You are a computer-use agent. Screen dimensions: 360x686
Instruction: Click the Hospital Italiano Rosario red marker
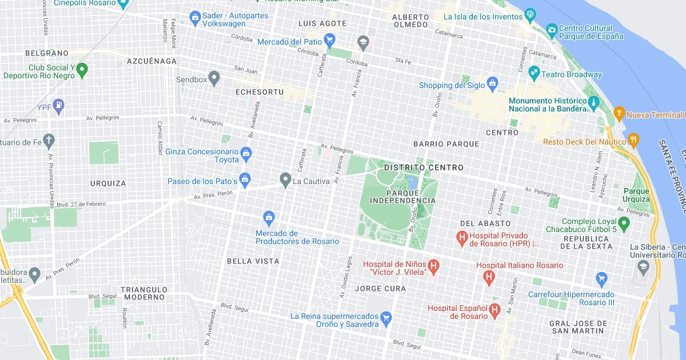[x=489, y=277]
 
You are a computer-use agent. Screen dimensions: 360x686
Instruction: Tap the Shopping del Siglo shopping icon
[x=492, y=84]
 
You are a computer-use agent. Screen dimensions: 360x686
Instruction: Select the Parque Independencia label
[x=402, y=197]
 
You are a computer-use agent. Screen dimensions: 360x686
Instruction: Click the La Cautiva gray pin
[x=285, y=180]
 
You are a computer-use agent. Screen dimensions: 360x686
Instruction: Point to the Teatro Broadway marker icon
[x=534, y=72]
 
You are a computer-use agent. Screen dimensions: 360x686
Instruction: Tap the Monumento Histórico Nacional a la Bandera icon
[x=593, y=103]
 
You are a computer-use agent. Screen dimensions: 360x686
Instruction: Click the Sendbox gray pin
[x=214, y=77]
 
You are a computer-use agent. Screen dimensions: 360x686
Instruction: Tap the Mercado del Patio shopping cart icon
[x=329, y=39]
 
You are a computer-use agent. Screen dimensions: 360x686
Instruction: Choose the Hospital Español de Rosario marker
[x=495, y=310]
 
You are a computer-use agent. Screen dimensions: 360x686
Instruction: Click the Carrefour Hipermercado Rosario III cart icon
[x=601, y=279]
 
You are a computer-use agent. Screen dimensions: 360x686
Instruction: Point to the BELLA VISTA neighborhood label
[x=253, y=261]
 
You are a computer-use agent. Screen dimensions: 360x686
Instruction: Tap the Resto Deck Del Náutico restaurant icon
[x=633, y=139]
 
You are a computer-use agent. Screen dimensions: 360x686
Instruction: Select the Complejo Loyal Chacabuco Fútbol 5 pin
[x=624, y=221]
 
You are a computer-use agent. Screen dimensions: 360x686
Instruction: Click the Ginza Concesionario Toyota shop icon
[x=246, y=153]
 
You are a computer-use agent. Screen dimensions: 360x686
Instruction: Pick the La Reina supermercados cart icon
[x=386, y=317]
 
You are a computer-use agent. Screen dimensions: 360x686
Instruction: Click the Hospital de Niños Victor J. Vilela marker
[x=434, y=265]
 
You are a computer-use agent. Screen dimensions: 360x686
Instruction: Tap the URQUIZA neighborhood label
[x=108, y=183]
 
